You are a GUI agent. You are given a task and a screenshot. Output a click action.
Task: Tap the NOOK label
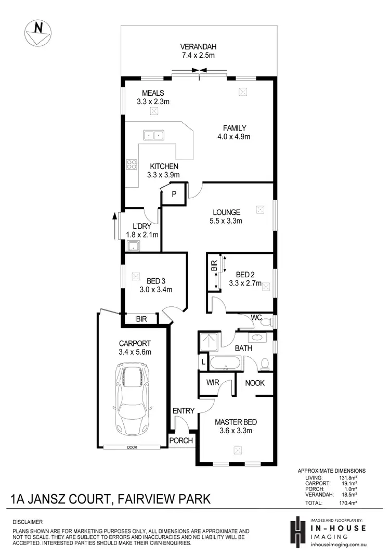(255, 383)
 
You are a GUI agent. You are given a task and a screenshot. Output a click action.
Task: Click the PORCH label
(181, 441)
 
